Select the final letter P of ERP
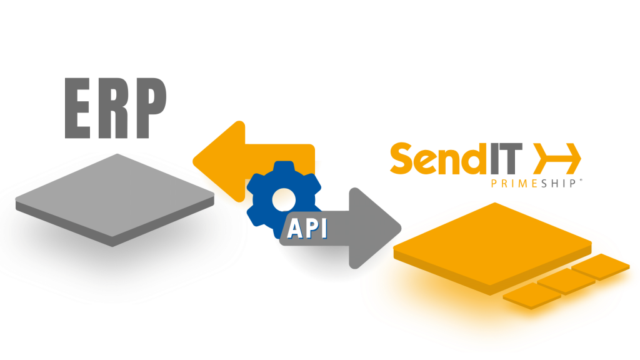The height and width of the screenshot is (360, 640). click(149, 109)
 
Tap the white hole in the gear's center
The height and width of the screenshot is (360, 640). click(284, 199)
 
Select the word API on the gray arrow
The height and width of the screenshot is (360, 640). click(307, 229)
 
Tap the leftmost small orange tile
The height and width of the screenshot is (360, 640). click(531, 297)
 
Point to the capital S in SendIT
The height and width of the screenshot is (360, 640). click(402, 159)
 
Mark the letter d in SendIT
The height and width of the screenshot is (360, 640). click(469, 159)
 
